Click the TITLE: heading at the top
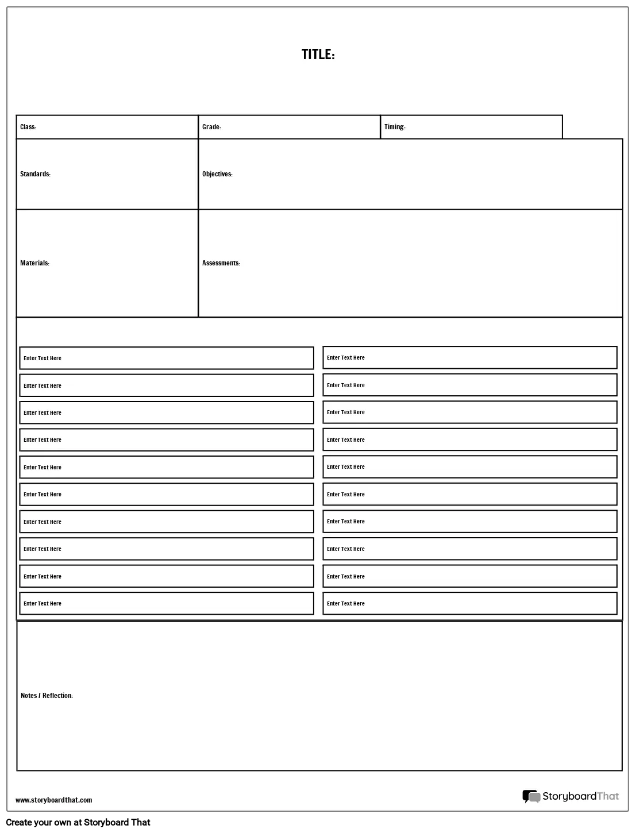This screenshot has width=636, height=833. (318, 55)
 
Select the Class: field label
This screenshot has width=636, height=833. (28, 127)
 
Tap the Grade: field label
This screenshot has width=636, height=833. (211, 127)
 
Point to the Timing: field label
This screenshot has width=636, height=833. (395, 127)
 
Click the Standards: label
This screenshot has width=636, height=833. (35, 174)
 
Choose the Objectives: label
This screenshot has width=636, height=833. (217, 174)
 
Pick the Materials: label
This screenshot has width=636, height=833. (34, 263)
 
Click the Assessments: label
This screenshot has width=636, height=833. (221, 263)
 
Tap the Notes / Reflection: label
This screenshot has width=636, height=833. (47, 696)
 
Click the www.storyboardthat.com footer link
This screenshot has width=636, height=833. (53, 800)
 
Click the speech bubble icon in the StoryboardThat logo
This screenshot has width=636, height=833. (531, 796)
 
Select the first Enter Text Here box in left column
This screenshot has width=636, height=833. (167, 358)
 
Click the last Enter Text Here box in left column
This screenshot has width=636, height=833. (167, 603)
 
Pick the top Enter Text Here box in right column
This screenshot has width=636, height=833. (470, 357)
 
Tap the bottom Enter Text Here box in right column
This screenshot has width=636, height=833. (470, 603)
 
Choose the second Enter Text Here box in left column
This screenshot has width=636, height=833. (167, 385)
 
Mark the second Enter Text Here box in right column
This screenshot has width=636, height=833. (470, 385)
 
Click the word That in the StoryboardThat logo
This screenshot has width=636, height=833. (608, 796)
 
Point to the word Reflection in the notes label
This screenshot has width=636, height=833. (57, 696)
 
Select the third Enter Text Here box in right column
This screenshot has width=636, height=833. (470, 412)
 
